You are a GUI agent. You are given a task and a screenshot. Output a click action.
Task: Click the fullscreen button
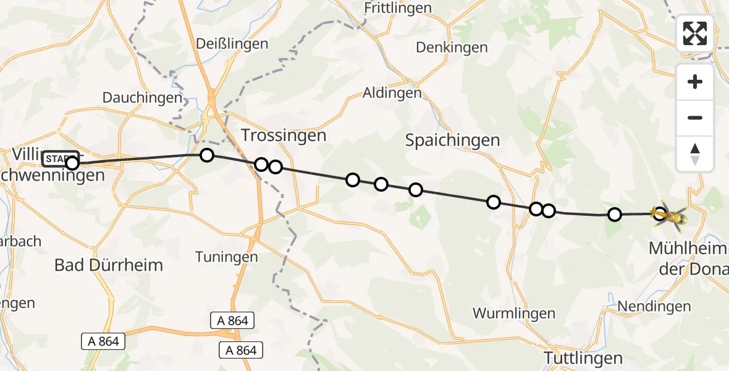[x=695, y=33]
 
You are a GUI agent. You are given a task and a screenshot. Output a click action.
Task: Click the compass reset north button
[x=695, y=153]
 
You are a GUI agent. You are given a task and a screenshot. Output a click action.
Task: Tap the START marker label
[x=60, y=159]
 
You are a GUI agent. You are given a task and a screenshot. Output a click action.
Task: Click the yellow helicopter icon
[x=670, y=215]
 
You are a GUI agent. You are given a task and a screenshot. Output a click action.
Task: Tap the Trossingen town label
[x=283, y=135]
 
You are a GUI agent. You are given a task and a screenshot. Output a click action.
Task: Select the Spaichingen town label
[x=452, y=140]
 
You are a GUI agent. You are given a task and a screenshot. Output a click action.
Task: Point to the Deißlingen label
[x=232, y=44]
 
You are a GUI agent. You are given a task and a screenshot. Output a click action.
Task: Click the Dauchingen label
[x=143, y=98]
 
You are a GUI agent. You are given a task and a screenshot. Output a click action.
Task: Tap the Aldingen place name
[x=392, y=93]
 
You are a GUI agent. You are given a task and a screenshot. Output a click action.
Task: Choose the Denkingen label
[x=452, y=48]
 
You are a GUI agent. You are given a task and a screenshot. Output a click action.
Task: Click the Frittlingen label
[x=397, y=8]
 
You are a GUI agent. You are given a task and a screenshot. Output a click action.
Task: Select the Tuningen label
[x=226, y=256]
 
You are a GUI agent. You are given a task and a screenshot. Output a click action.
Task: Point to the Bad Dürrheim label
[x=109, y=265]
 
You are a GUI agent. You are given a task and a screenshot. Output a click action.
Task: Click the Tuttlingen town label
[x=583, y=357]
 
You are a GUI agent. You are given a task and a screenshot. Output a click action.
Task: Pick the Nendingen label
[x=663, y=306]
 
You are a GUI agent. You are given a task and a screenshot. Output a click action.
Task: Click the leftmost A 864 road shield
[x=104, y=341]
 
